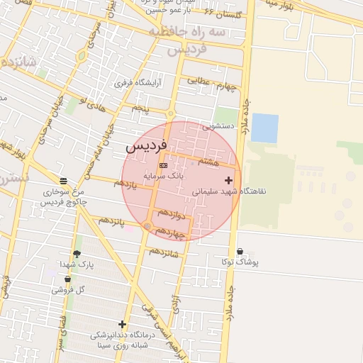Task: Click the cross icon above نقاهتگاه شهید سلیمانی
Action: [x=228, y=181]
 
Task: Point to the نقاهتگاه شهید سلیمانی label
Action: [x=228, y=191]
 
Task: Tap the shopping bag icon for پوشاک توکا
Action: [x=240, y=252]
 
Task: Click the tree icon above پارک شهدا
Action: [x=77, y=254]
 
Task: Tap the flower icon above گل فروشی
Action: [x=67, y=279]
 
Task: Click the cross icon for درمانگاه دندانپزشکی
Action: [x=122, y=324]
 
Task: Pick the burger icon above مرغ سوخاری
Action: [x=64, y=181]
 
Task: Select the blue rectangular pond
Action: [x=265, y=128]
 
